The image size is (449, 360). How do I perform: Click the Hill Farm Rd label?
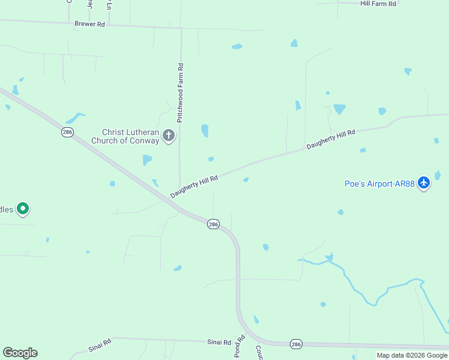(378, 4)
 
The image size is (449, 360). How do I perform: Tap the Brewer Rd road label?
(90, 24)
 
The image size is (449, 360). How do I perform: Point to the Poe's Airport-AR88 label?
(379, 184)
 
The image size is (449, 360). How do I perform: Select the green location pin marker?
(23, 209)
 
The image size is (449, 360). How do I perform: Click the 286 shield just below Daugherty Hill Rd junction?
(213, 224)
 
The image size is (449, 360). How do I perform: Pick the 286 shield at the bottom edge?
(296, 344)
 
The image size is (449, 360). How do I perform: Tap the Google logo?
(20, 353)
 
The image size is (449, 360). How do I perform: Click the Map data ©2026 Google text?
(412, 355)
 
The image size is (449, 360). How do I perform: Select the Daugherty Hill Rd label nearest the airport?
(331, 139)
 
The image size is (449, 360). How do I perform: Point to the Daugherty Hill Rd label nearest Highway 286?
(193, 187)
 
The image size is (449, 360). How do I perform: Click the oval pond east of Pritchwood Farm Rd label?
(205, 130)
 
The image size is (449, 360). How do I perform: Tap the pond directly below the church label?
(147, 160)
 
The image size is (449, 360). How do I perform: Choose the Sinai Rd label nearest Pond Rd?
(219, 342)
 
